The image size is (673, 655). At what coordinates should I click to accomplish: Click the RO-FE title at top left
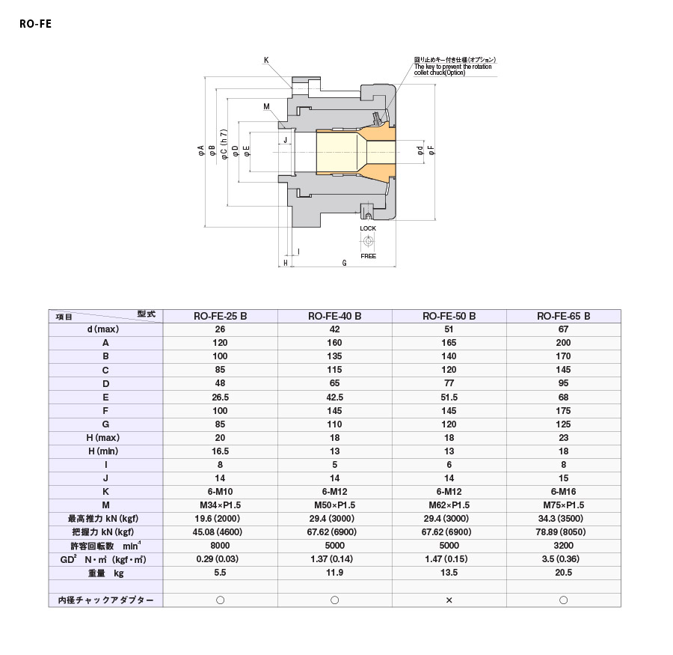coord(35,23)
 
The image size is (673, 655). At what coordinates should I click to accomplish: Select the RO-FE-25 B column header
coord(220,316)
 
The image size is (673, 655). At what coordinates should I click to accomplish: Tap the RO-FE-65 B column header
coord(563,316)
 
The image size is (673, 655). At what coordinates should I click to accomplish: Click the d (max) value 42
coord(334,329)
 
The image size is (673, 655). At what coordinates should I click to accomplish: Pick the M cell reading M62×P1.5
coord(449,505)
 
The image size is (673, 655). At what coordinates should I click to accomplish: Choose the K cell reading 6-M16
coord(563,492)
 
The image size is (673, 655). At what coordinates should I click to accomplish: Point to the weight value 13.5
coord(449,573)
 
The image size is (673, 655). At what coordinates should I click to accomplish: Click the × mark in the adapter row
coord(449,600)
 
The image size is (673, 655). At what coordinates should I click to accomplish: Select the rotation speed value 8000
coord(220,546)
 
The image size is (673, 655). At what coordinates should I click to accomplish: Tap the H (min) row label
coord(105,451)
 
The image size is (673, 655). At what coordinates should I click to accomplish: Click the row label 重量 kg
coord(105,573)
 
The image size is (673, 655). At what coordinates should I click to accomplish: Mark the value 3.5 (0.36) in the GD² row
coord(563,559)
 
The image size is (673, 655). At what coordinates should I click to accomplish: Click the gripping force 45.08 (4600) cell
coord(220,532)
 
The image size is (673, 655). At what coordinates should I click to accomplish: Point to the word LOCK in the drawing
coord(368,228)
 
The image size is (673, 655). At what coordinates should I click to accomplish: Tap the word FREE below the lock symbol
coord(368,256)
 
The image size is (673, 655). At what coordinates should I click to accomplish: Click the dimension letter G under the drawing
coord(344,263)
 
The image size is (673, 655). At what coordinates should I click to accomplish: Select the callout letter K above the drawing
coord(266,59)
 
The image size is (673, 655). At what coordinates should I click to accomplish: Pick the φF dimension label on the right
coord(431,150)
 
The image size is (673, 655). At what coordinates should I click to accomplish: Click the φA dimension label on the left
coord(200,152)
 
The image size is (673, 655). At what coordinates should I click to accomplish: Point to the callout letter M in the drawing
coord(266,107)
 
